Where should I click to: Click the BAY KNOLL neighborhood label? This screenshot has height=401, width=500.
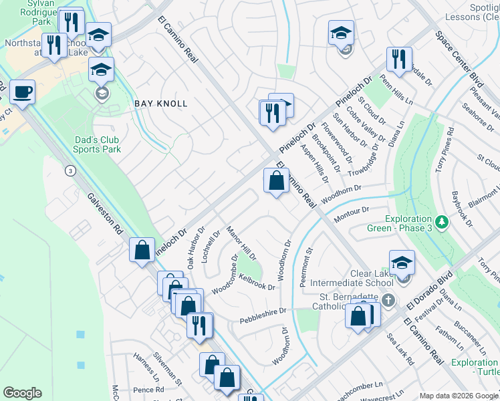coord(161,104)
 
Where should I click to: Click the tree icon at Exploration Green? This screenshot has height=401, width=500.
coord(441,221)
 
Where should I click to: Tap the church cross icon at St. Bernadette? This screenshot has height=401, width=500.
coord(395,297)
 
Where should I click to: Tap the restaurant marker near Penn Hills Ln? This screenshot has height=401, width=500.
coord(399,59)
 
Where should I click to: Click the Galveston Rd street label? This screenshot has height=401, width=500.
coord(105,215)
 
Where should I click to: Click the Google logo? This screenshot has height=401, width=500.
coord(23,392)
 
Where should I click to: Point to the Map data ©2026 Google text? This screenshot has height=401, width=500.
coord(457,396)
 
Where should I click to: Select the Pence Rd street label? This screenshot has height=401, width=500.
coord(148,389)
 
